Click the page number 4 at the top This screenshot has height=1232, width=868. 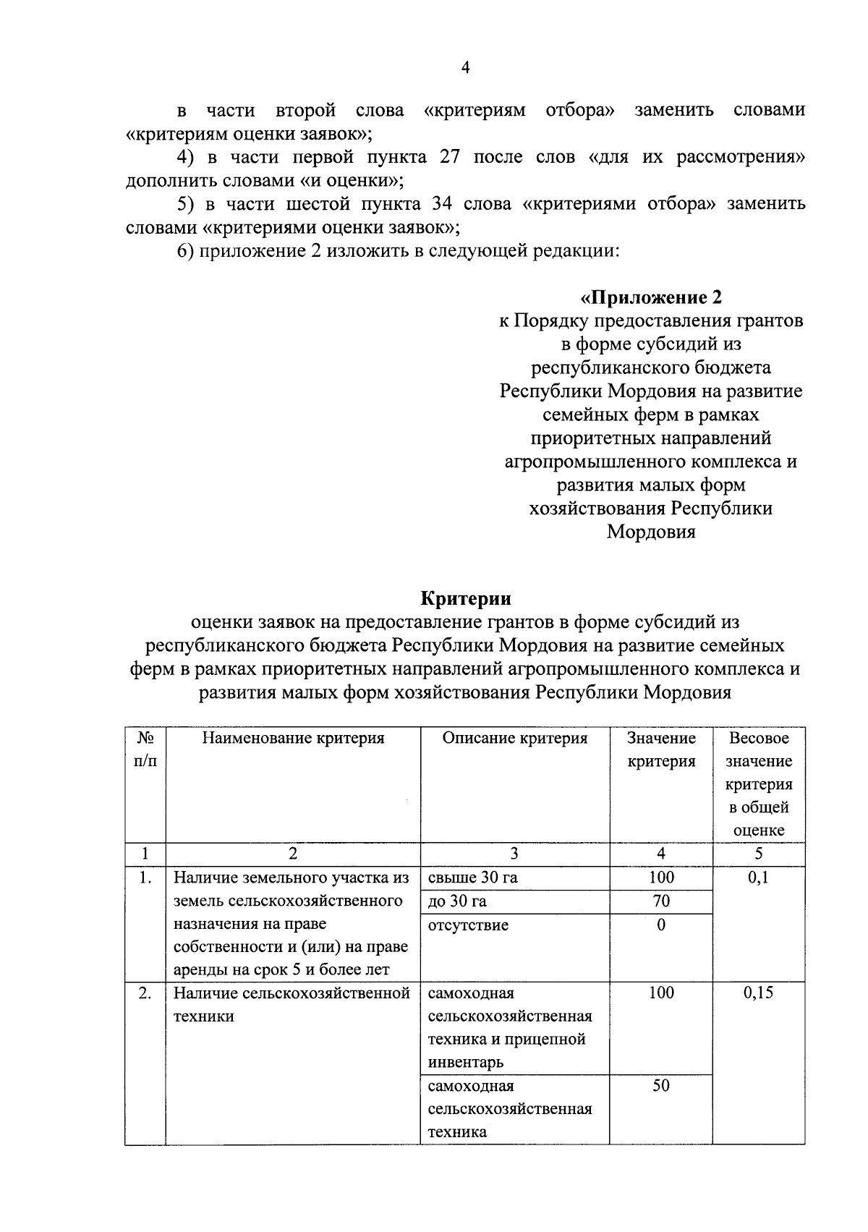point(465,68)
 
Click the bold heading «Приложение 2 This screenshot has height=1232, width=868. point(650,297)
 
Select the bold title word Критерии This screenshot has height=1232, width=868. point(465,598)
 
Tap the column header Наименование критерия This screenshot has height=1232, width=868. point(293,738)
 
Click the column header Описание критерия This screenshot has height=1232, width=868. point(514,738)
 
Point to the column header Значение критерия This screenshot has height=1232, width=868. point(661,749)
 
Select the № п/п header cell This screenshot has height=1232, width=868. point(145,749)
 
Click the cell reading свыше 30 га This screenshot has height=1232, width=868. point(473,878)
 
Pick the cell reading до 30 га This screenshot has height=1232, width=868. point(457,901)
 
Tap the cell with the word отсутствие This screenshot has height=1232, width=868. point(468,925)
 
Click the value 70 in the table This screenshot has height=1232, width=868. point(661,901)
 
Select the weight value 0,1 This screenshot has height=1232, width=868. point(758,878)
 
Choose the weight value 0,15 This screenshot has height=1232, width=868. point(758,993)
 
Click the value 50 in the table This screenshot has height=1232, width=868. point(661,1086)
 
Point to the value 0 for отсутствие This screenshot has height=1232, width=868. point(661,925)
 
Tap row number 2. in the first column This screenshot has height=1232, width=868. point(145,993)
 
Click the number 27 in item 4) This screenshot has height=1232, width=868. point(450,157)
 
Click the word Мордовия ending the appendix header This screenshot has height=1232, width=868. point(650,532)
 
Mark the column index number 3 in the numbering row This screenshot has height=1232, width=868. point(514,854)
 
